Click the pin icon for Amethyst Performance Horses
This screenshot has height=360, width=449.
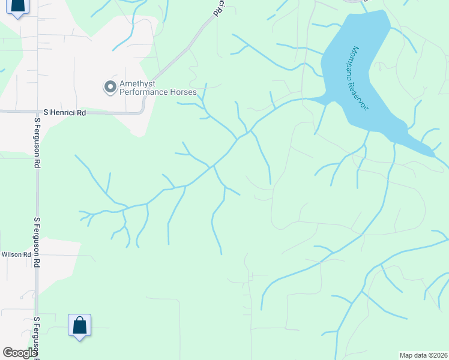pyautogui.click(x=110, y=88)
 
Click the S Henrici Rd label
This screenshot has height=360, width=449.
pyautogui.click(x=65, y=112)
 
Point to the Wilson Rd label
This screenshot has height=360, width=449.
pyautogui.click(x=16, y=255)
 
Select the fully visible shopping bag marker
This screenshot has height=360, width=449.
pyautogui.click(x=79, y=326)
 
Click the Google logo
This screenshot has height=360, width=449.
pyautogui.click(x=20, y=353)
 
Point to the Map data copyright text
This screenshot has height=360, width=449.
pyautogui.click(x=423, y=355)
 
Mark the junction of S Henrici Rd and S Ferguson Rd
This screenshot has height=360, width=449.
pyautogui.click(x=37, y=112)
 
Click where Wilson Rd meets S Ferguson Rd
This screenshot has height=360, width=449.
pyautogui.click(x=37, y=255)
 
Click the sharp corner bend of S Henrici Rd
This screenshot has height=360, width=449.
pyautogui.click(x=143, y=110)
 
